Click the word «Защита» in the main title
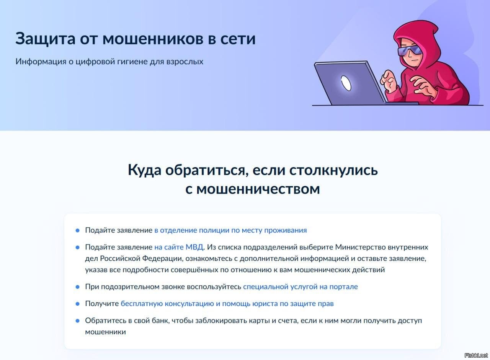46,39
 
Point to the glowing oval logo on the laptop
346,83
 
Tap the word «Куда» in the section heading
144,170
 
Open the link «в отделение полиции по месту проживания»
230,230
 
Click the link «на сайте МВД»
179,247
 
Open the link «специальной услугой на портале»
301,287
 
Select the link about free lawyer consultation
227,304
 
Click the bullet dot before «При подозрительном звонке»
77,287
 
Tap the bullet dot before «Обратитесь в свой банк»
77,321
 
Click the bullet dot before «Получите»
77,304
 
